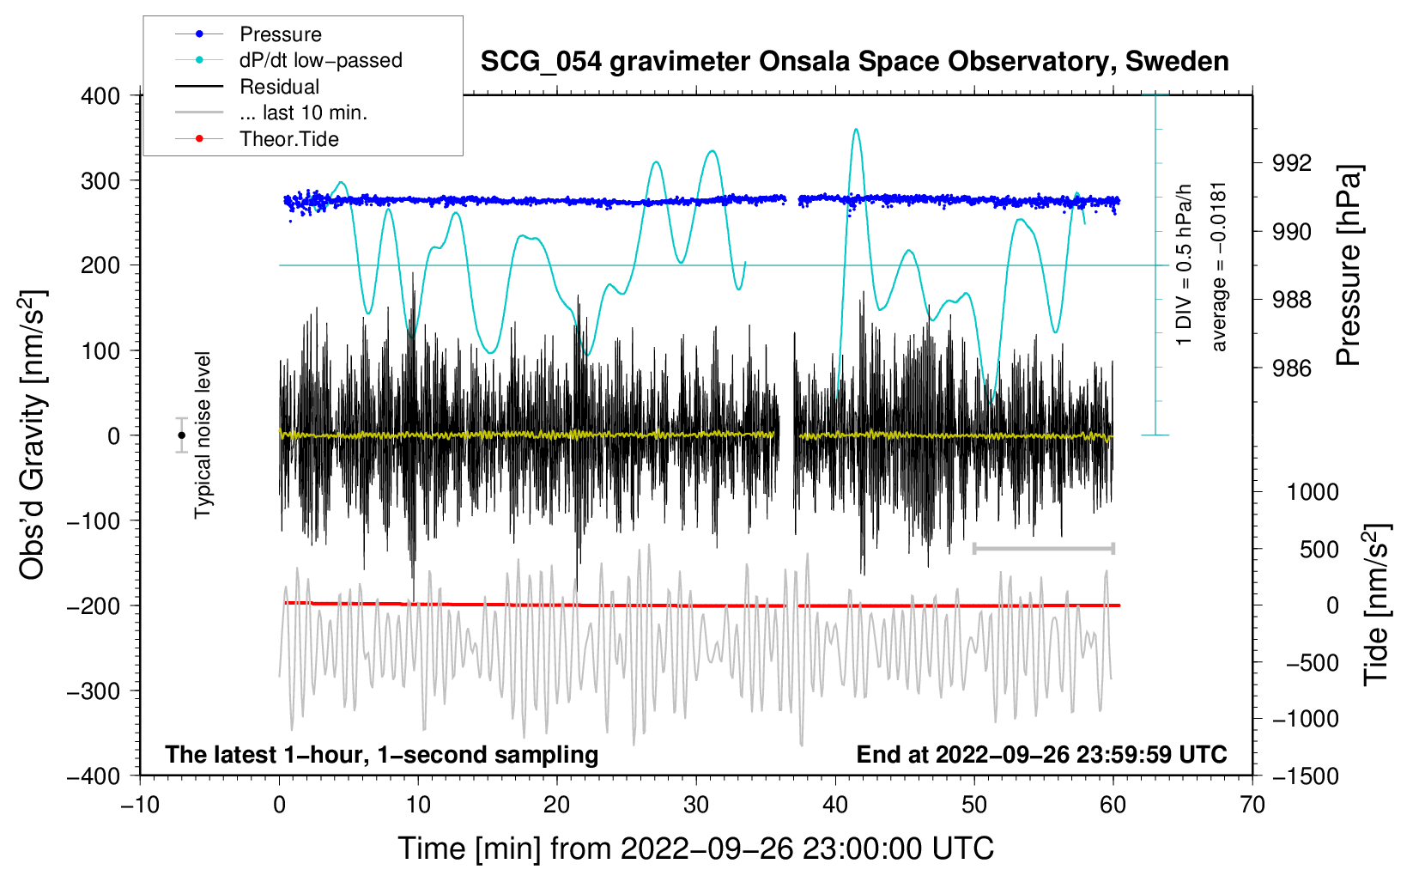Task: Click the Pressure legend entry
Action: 280,34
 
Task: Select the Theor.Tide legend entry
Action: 288,139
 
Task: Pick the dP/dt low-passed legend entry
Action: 320,60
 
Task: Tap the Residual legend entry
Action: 279,87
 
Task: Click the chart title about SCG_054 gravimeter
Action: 854,62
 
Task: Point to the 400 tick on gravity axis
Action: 100,96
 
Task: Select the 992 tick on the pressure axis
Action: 1292,163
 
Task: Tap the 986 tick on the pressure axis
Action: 1292,368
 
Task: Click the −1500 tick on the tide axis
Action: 1305,776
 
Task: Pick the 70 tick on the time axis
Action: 1252,805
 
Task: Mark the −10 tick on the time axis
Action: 140,805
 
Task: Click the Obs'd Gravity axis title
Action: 33,435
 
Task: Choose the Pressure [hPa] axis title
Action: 1349,266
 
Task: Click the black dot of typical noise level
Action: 182,435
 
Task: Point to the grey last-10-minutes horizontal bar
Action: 1043,548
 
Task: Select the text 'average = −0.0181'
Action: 1219,266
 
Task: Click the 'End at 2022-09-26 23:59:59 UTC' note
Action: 1041,754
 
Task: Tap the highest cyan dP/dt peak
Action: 856,130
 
